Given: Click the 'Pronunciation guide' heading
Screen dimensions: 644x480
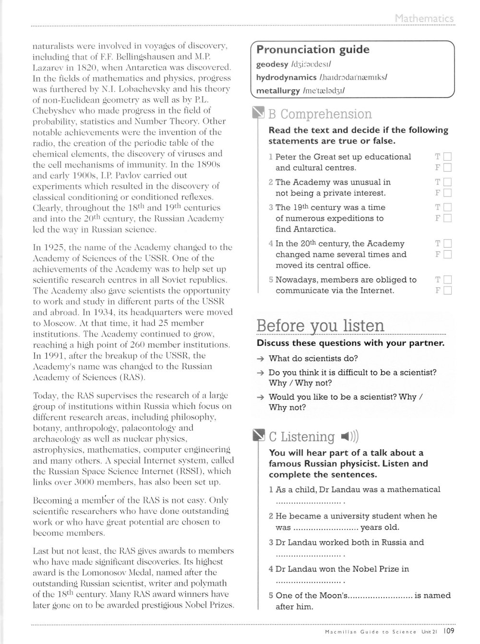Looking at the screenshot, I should (313, 50).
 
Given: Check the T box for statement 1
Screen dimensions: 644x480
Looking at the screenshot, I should (448, 157).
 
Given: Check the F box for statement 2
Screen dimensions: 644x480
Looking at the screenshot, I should (448, 193).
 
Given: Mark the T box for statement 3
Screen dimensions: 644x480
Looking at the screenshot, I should (448, 208).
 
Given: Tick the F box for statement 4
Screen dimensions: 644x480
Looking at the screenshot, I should (448, 255).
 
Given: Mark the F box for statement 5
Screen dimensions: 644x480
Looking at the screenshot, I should (448, 291).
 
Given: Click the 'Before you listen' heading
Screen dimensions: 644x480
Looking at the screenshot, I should (321, 326).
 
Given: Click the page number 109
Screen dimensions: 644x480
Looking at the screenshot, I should (449, 632).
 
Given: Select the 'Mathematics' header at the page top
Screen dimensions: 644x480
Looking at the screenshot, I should (424, 19).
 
